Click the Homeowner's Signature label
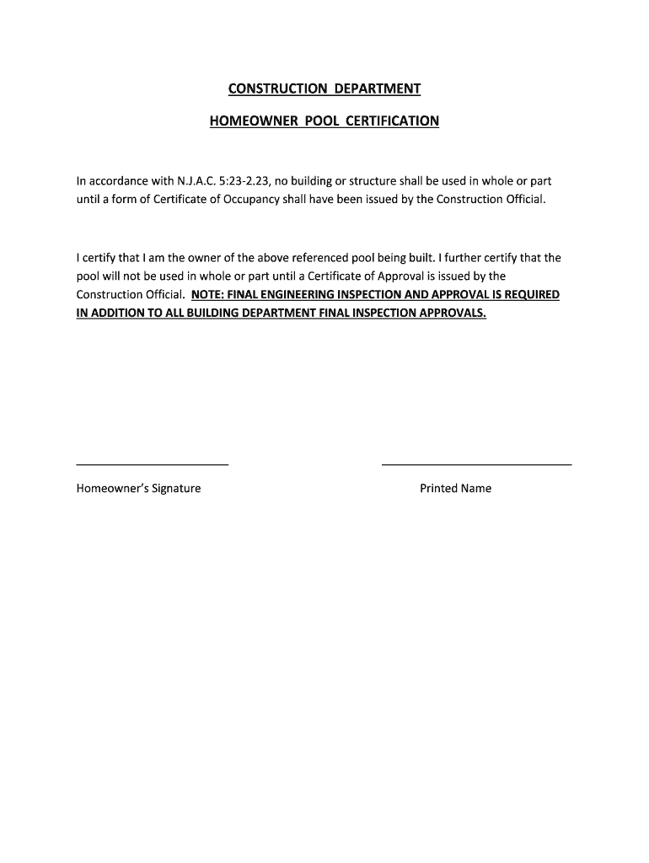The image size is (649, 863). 138,489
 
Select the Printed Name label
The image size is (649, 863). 455,489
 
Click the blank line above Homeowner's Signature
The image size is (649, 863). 153,464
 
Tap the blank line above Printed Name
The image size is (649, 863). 476,464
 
